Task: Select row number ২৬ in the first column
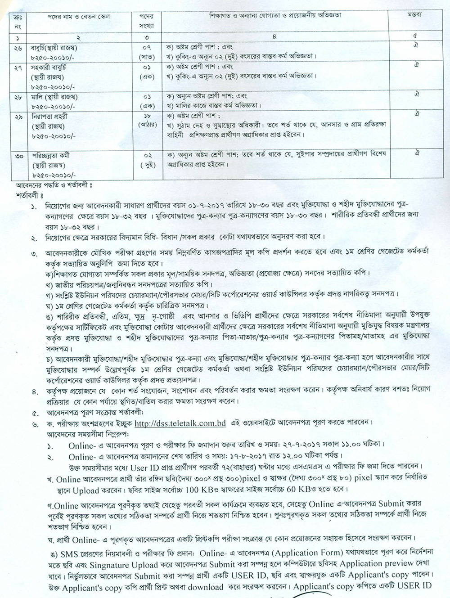coord(19,47)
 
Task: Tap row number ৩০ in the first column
coord(19,156)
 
